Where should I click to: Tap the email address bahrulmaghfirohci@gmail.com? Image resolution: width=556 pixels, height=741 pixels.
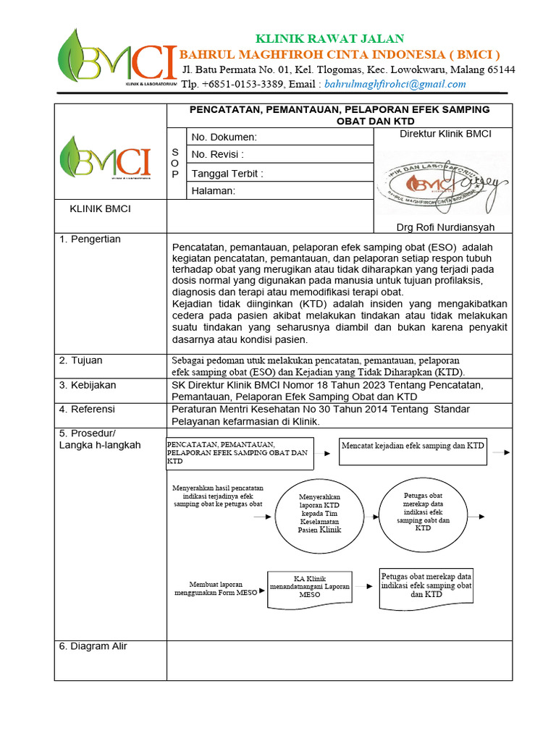point(395,84)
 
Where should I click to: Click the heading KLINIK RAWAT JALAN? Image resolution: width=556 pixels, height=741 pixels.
point(329,38)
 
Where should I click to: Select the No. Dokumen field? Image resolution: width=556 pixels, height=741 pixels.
point(279,137)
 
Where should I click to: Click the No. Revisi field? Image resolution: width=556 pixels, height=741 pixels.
point(279,155)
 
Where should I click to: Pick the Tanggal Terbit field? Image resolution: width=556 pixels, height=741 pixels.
point(279,174)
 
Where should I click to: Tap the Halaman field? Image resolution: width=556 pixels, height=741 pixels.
point(279,191)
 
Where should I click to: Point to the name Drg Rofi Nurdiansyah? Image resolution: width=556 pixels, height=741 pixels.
point(445,227)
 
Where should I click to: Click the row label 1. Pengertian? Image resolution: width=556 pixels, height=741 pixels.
point(90,240)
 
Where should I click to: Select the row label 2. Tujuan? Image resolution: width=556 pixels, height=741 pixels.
point(81,360)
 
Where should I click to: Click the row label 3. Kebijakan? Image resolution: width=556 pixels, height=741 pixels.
point(88,386)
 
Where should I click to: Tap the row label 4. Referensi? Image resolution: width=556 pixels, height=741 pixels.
point(87,410)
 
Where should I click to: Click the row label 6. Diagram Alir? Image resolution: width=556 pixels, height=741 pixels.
point(93,646)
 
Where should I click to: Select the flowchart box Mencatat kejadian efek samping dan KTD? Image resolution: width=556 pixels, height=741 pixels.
point(414,450)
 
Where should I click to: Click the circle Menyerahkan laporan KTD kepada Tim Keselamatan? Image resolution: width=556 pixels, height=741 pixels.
point(319,514)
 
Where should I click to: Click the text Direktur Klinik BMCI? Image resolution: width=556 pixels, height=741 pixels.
point(445,134)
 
